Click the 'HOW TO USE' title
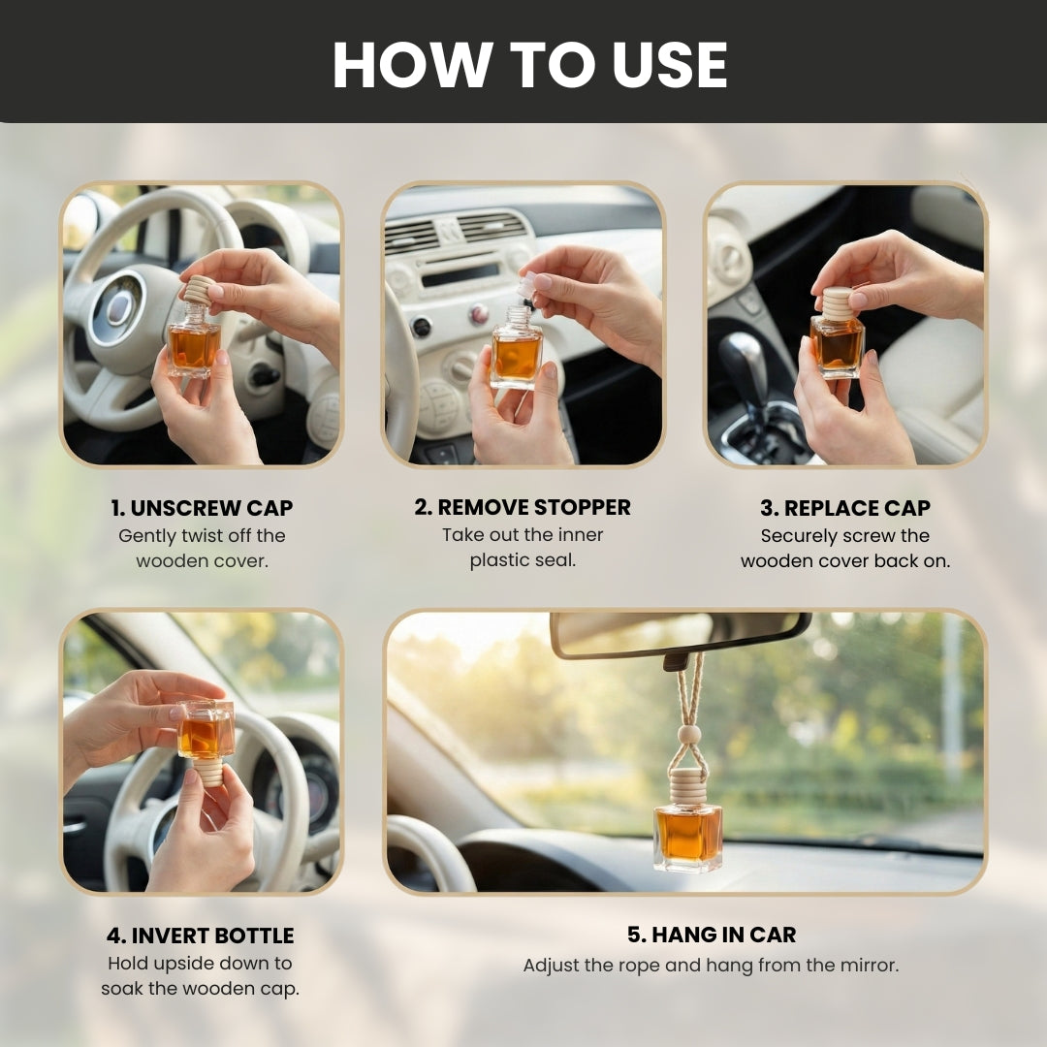[529, 65]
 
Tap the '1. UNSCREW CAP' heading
[201, 508]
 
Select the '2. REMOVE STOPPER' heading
[523, 507]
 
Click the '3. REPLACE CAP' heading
[844, 508]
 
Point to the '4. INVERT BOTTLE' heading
[200, 936]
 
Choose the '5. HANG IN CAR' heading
[711, 935]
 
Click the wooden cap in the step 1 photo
[199, 290]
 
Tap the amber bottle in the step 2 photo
[516, 356]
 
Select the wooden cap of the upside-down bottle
[207, 771]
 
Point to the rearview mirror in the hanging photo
[679, 632]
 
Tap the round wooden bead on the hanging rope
[688, 734]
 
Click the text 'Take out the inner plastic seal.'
[523, 548]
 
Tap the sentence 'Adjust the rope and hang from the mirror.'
[711, 966]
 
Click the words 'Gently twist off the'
[202, 535]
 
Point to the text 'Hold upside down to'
[200, 964]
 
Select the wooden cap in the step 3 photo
[838, 303]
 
